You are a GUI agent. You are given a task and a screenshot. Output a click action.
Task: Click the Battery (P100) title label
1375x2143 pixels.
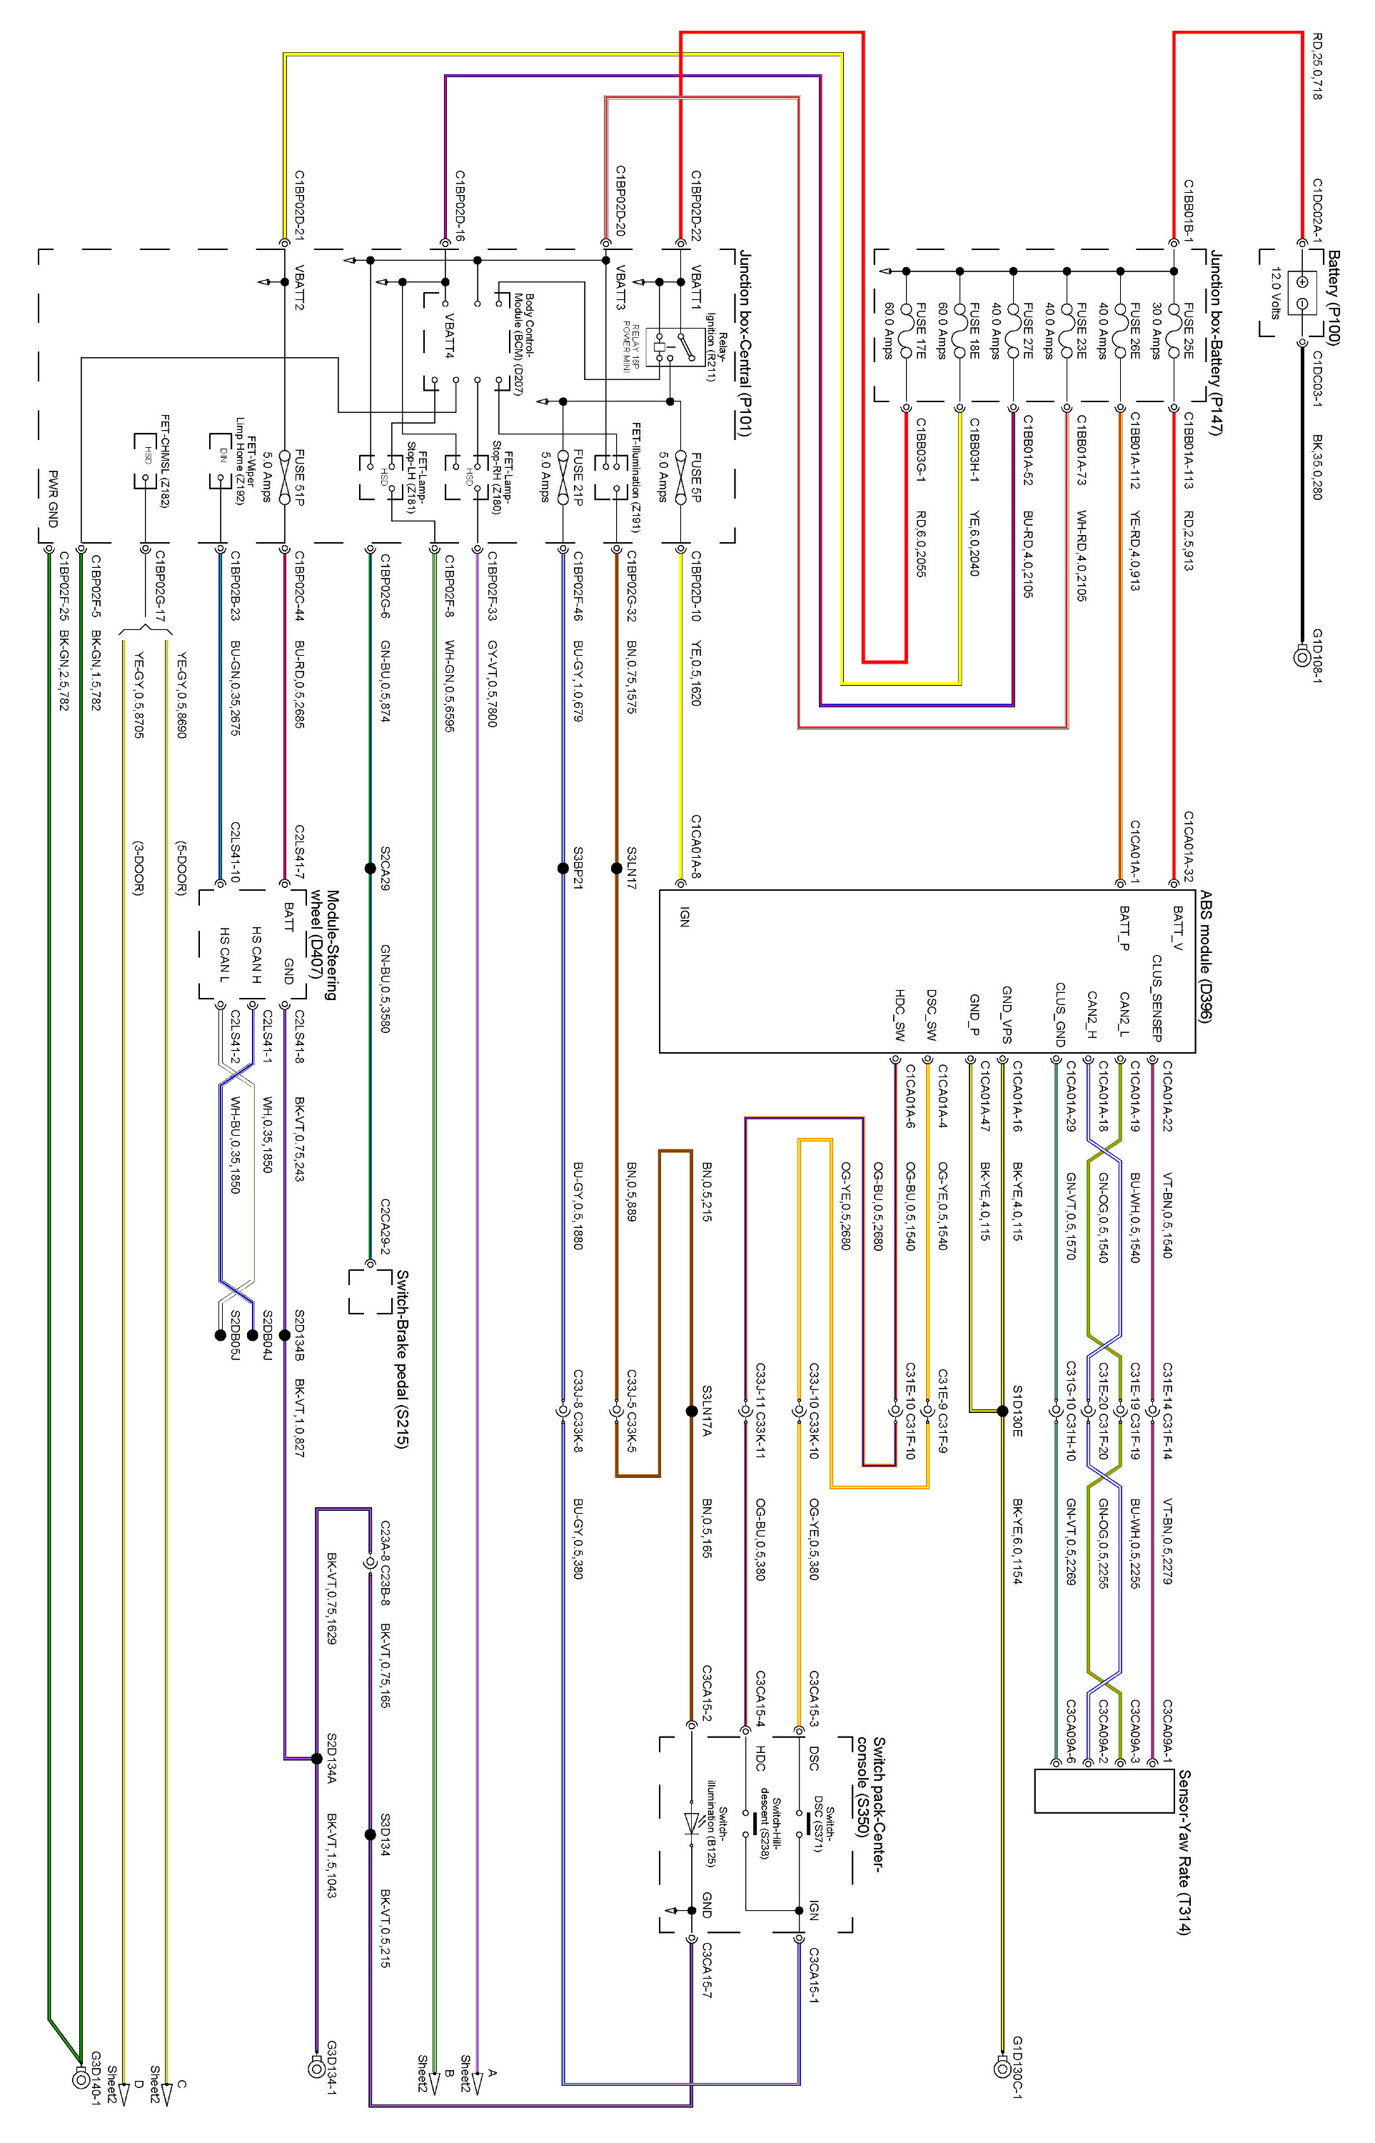point(1332,296)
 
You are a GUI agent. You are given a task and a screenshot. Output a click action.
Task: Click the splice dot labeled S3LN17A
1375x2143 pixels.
point(690,1412)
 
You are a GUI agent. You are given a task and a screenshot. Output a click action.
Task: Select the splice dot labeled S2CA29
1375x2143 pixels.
point(370,867)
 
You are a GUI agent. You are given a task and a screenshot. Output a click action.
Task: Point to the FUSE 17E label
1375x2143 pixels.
point(920,331)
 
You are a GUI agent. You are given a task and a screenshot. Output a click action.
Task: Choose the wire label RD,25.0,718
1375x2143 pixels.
point(1318,66)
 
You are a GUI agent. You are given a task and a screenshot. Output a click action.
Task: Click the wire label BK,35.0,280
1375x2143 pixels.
point(1318,467)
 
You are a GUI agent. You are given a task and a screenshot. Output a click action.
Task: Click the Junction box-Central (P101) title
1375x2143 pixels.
point(744,344)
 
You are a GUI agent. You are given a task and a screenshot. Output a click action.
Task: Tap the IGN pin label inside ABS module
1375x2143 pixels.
point(685,917)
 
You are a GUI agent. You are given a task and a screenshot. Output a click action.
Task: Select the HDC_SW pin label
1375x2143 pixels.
point(899,1014)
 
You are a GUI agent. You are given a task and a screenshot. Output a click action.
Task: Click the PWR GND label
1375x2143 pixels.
point(52,499)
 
